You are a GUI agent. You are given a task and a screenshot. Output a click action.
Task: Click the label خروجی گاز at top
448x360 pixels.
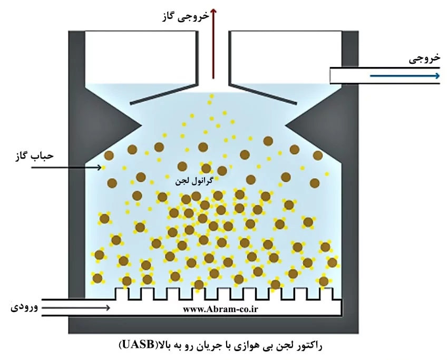pos(185,16)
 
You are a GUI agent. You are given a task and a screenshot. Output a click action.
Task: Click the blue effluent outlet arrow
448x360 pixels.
pos(405,76)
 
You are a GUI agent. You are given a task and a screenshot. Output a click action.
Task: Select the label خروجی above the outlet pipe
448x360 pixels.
pos(425,59)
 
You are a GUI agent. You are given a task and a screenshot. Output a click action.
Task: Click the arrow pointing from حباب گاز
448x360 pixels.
pos(66,168)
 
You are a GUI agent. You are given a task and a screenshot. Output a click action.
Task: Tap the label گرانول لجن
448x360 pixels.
pos(194,181)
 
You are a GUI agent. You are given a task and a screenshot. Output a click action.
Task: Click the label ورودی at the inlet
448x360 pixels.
pos(24,307)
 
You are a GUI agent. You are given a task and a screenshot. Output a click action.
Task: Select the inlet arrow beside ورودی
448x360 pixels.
pos(76,308)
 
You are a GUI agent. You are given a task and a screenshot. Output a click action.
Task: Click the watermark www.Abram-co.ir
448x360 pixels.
pos(220,309)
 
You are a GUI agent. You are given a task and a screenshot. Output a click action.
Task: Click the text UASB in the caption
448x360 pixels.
pos(138,345)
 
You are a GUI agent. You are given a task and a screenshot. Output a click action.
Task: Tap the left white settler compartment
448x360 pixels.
pos(140,57)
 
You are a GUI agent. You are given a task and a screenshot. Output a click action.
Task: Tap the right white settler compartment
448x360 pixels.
pos(286,57)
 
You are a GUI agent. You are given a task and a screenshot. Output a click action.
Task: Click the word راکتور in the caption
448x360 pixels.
pos(309,346)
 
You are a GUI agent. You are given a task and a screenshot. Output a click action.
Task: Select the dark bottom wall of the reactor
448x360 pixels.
pos(213,325)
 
